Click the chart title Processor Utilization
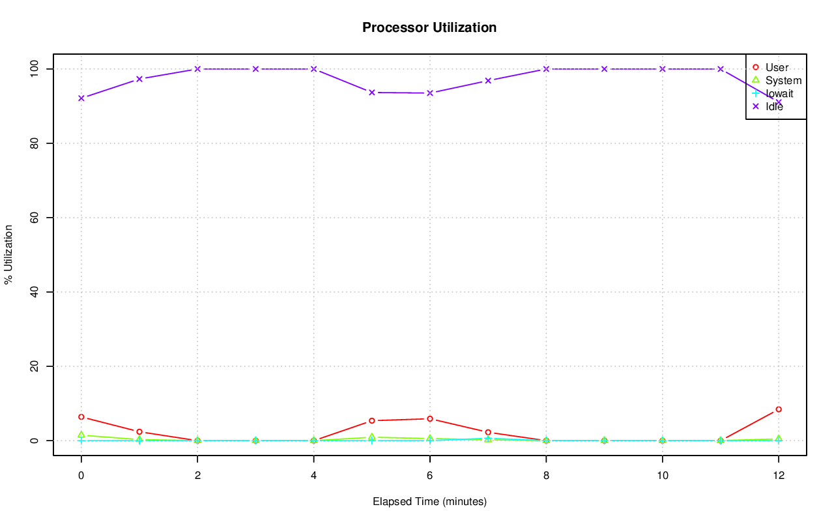click(429, 27)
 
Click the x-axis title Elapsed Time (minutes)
click(429, 502)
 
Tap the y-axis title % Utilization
click(8, 254)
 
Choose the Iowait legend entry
click(779, 93)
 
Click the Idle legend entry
click(774, 106)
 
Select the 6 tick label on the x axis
click(430, 476)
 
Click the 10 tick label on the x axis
click(662, 476)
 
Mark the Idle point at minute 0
click(81, 98)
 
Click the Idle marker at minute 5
click(372, 93)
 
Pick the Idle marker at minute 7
click(488, 81)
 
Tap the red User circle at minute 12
click(779, 409)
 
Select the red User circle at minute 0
click(81, 416)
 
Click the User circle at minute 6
click(430, 418)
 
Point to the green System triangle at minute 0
click(81, 435)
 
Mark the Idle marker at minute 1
click(139, 79)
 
